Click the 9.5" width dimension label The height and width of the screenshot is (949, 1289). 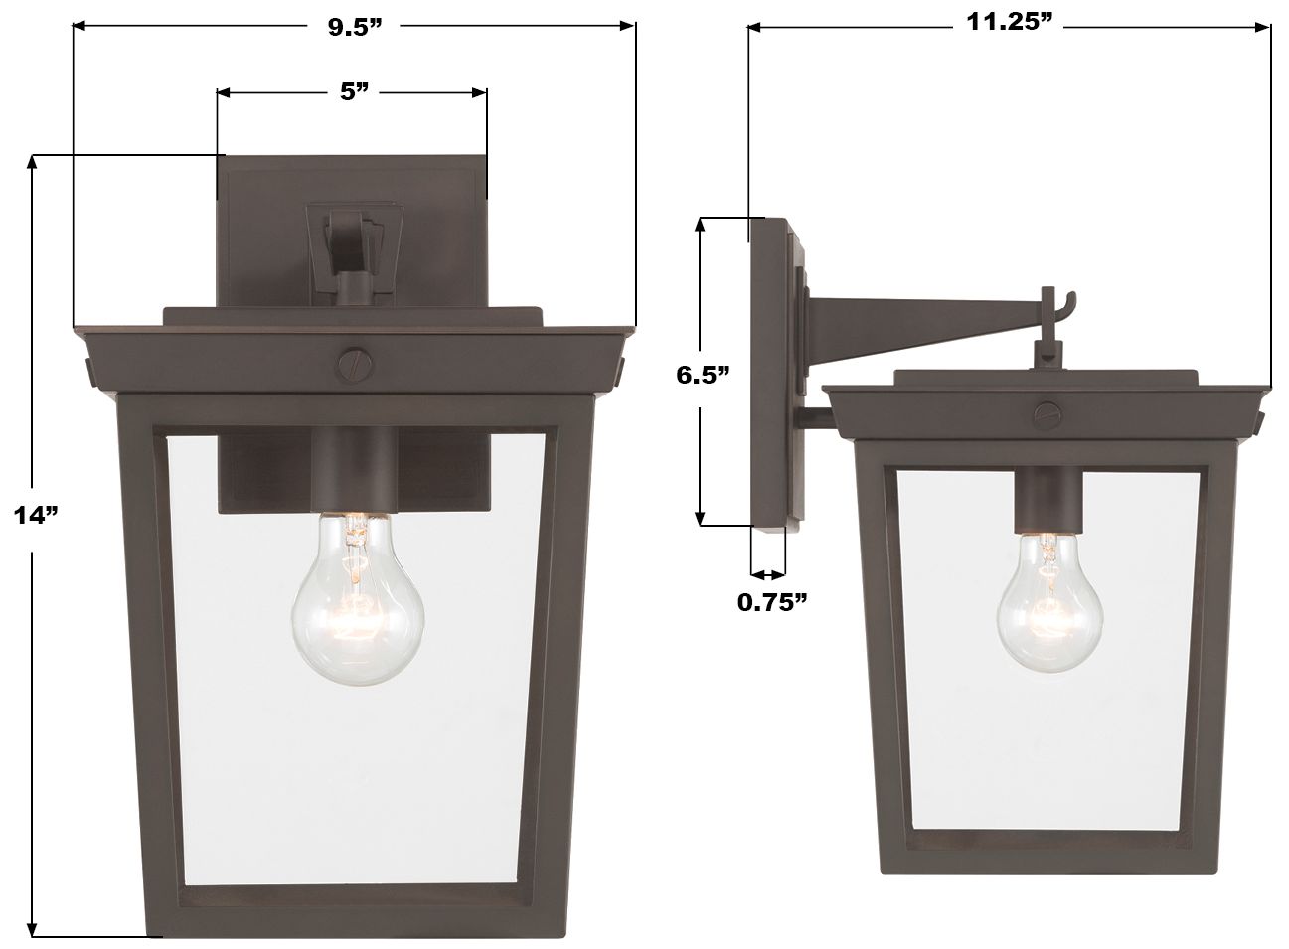point(355,27)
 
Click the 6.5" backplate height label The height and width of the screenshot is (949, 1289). point(703,376)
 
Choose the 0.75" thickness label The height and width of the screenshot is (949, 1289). point(771,602)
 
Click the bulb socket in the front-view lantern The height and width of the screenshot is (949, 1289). point(354,470)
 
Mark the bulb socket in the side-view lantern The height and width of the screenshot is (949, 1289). point(1045,502)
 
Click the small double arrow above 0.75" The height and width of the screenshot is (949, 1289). point(767,574)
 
